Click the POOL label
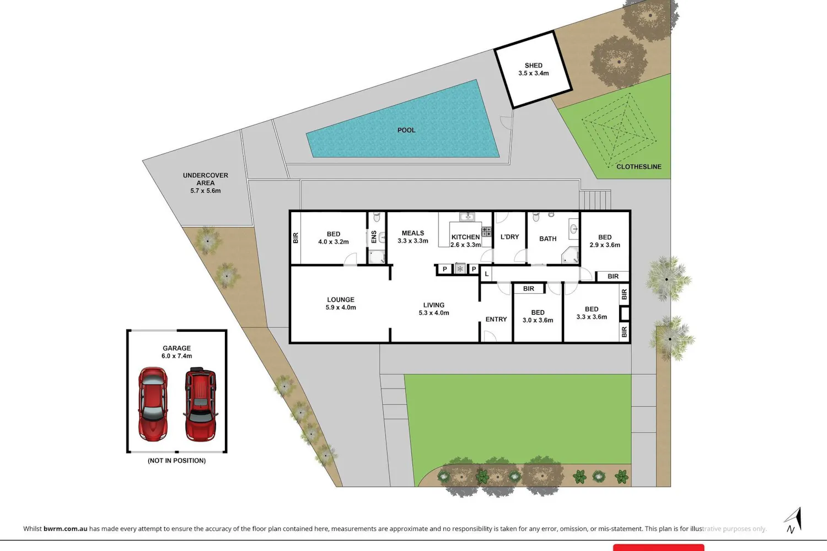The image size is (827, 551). tap(406, 130)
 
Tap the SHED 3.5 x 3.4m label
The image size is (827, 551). tap(534, 69)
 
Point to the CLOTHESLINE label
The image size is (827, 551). tap(638, 167)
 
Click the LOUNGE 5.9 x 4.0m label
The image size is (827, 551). tap(340, 304)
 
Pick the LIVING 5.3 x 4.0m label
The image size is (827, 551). tap(434, 309)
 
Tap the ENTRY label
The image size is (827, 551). tap(496, 319)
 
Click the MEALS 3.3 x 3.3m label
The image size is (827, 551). tap(413, 237)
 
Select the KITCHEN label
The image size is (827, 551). tap(465, 237)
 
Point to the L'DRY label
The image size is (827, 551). tap(509, 237)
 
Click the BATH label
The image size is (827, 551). tap(547, 239)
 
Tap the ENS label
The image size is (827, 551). tap(374, 237)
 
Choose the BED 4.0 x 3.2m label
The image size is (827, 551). tap(334, 238)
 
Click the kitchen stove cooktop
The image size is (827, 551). tap(487, 232)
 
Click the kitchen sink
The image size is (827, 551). tap(467, 217)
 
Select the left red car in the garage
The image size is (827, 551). tap(153, 404)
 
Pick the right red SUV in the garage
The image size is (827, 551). tap(201, 404)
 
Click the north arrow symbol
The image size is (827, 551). tap(793, 520)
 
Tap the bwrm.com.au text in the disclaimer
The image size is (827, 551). tap(66, 528)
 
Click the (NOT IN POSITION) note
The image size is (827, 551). tap(176, 461)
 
